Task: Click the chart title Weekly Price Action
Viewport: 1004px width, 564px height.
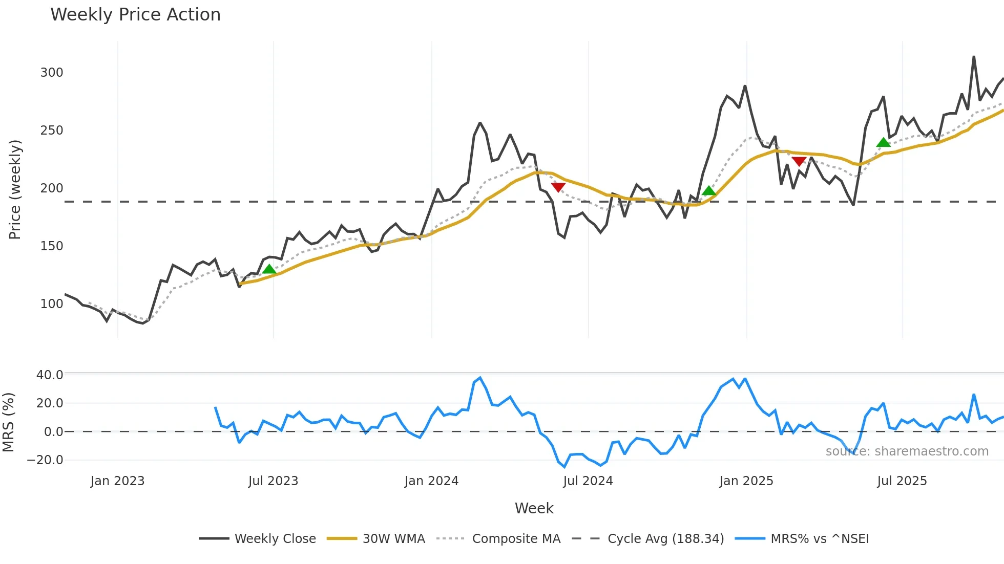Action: click(x=135, y=15)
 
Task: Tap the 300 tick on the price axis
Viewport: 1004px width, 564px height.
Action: click(x=52, y=73)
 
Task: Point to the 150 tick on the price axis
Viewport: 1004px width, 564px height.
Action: click(x=52, y=246)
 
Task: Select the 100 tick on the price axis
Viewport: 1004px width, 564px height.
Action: click(x=52, y=304)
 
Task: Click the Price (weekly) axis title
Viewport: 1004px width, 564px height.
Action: click(x=15, y=189)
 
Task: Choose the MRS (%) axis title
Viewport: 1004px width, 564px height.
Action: click(x=9, y=422)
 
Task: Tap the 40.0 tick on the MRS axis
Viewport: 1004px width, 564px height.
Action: click(x=50, y=375)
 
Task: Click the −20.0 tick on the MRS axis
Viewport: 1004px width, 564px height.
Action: click(x=46, y=460)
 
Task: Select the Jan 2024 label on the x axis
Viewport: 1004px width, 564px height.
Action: click(x=431, y=481)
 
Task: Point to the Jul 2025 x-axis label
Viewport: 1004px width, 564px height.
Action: click(x=902, y=481)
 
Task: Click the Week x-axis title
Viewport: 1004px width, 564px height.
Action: click(x=534, y=508)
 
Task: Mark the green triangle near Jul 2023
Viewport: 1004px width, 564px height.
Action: click(x=269, y=269)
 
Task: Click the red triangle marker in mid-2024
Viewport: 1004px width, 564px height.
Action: click(x=558, y=187)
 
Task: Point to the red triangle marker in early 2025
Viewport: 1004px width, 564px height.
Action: click(x=799, y=162)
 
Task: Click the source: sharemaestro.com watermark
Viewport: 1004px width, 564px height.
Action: click(x=907, y=451)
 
